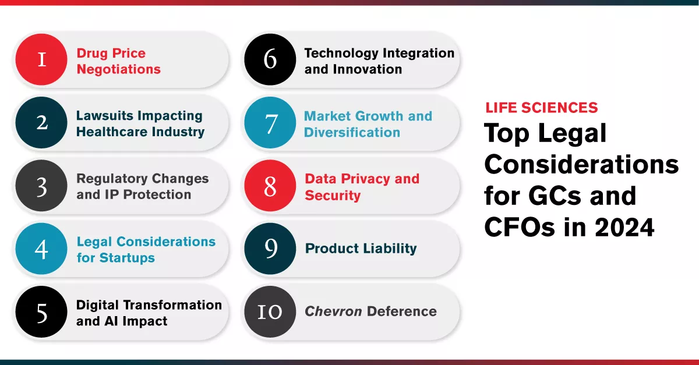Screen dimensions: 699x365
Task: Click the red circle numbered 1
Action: (41, 59)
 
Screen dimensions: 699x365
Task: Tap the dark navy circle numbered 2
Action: (41, 122)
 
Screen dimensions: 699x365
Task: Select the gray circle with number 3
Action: (41, 186)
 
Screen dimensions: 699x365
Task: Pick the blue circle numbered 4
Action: (41, 249)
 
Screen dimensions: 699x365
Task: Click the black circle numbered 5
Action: (41, 311)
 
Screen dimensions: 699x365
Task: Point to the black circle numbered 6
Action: (270, 59)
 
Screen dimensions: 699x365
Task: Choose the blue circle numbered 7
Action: (270, 122)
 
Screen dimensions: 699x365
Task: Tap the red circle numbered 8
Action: (270, 186)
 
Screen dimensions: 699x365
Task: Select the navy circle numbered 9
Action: (270, 249)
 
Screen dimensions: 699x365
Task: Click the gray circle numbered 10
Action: (270, 311)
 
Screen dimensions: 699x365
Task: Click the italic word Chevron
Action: (333, 311)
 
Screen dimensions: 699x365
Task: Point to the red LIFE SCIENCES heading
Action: (541, 108)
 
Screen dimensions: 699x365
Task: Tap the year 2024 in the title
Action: (624, 227)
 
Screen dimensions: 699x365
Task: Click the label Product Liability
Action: (361, 249)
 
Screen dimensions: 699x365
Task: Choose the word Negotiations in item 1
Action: (119, 69)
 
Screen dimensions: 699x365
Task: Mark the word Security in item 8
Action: (333, 196)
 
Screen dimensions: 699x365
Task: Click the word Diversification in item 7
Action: (352, 132)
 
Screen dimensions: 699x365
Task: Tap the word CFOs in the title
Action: (520, 227)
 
